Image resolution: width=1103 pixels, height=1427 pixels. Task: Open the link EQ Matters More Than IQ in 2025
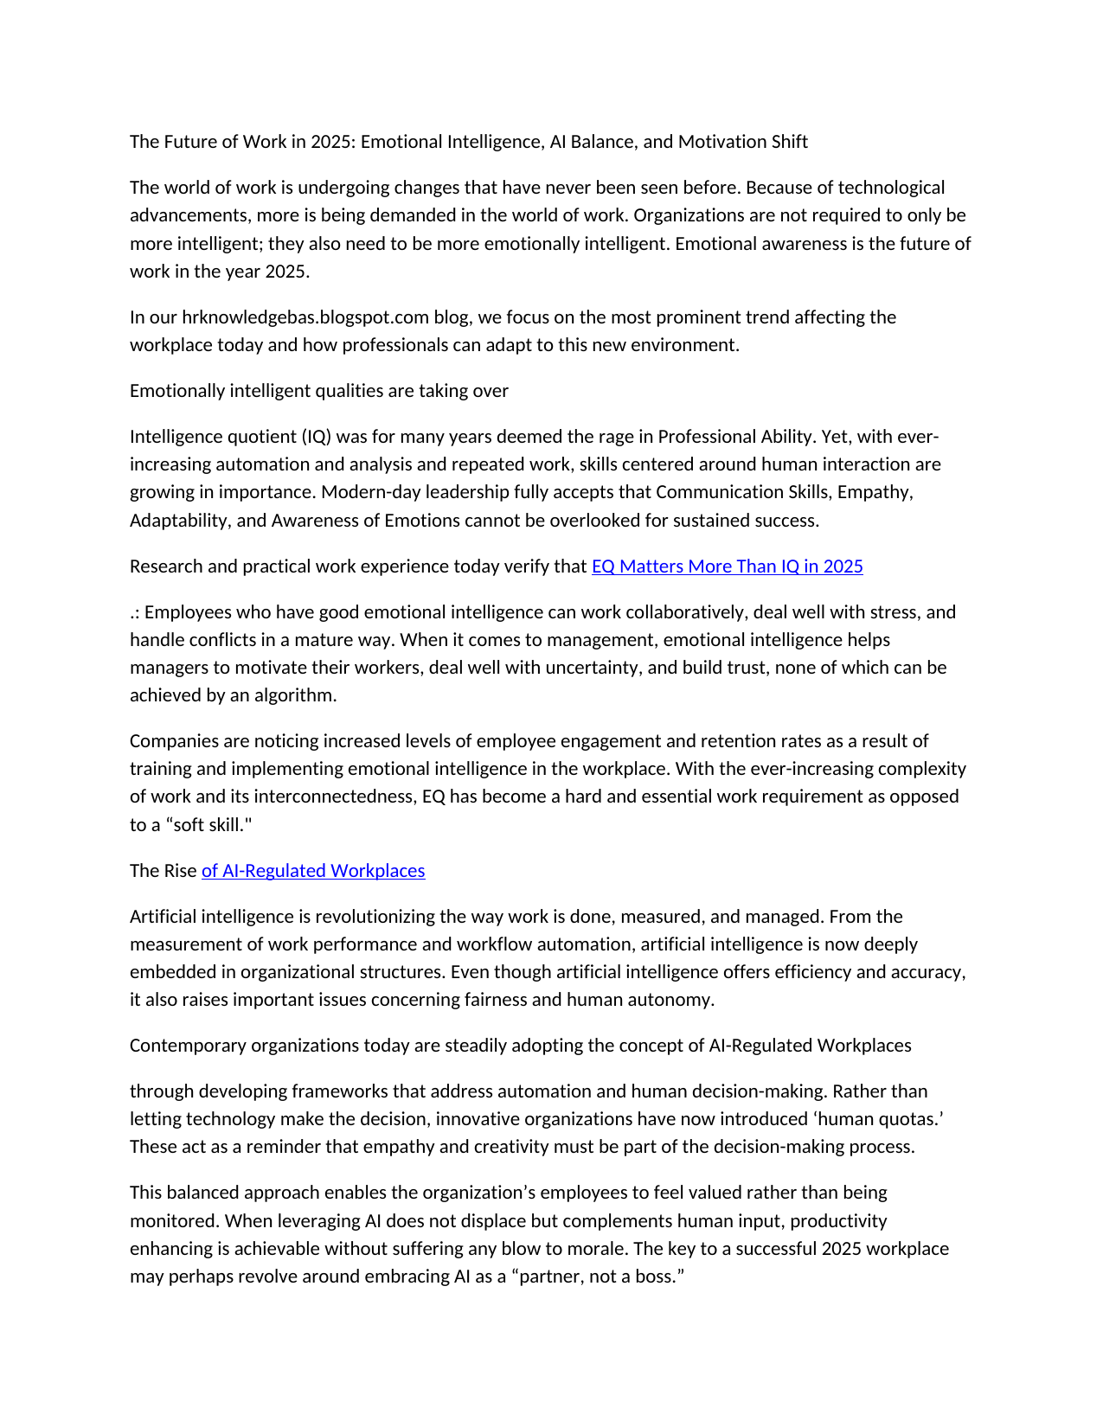coord(727,566)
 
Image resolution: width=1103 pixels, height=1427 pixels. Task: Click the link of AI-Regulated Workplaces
coord(313,871)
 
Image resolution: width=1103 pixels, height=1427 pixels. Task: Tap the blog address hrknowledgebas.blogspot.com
coord(305,317)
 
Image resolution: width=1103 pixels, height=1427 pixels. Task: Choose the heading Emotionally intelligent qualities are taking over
coord(319,391)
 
